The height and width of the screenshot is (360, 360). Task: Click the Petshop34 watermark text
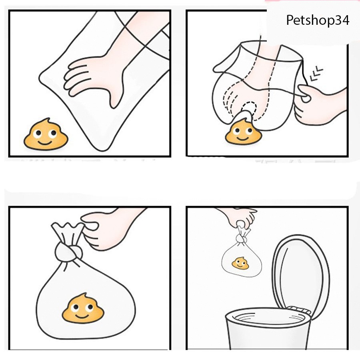(x=318, y=20)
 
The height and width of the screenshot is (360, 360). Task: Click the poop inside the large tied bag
(x=82, y=308)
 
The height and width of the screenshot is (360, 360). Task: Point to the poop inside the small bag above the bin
(x=240, y=263)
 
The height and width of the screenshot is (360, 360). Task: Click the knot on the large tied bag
(x=68, y=252)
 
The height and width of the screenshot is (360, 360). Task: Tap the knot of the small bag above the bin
(x=241, y=239)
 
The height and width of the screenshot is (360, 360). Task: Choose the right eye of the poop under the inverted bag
(x=248, y=130)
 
